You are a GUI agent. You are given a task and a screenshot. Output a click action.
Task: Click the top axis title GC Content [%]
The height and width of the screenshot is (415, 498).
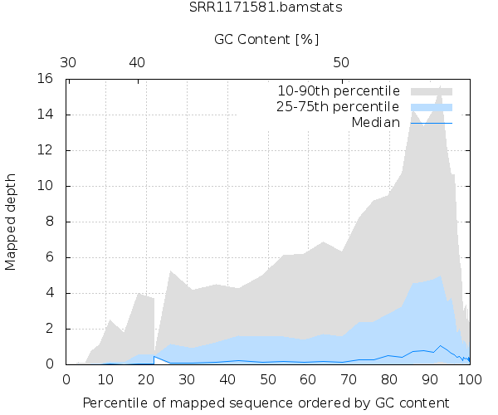tap(266, 39)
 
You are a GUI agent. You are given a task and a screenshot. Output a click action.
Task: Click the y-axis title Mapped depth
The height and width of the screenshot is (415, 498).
tap(12, 222)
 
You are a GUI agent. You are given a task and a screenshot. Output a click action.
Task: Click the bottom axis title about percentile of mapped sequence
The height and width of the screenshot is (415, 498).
tap(267, 403)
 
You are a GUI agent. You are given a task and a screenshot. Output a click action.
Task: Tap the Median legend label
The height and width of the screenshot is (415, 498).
tap(375, 123)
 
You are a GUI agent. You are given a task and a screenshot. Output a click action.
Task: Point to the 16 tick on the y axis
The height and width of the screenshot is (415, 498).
tap(46, 79)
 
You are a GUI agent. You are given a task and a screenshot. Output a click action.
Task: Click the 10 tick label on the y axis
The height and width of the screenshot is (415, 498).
tap(46, 186)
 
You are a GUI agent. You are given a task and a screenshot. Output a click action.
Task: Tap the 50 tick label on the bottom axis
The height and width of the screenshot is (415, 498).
tap(267, 378)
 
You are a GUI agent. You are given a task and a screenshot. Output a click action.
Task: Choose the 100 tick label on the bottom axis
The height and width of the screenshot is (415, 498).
tap(469, 378)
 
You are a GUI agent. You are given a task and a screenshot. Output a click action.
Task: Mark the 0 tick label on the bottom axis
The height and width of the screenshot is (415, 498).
tap(66, 378)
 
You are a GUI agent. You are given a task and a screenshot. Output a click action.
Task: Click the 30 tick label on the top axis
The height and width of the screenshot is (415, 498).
tap(69, 62)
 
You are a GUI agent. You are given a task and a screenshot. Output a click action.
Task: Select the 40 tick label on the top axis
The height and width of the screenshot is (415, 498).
tap(137, 62)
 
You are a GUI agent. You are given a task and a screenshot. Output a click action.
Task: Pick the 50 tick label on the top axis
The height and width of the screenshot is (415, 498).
tap(341, 62)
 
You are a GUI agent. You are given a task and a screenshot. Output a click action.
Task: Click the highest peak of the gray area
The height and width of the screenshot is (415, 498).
tap(439, 86)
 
